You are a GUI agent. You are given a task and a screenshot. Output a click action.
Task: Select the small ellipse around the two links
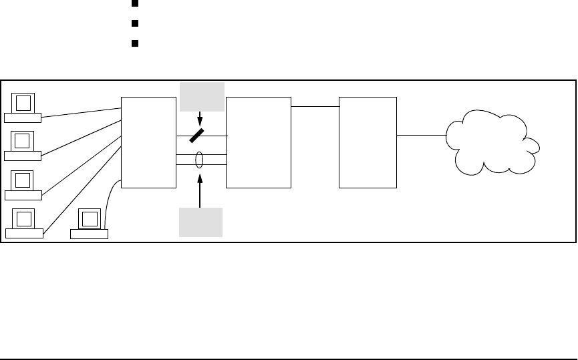pyautogui.click(x=199, y=160)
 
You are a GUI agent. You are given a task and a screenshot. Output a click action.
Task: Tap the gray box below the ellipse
pyautogui.click(x=200, y=222)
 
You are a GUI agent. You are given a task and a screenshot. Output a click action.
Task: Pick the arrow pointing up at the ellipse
pyautogui.click(x=200, y=190)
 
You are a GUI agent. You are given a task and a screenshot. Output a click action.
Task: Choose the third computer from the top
pyautogui.click(x=23, y=184)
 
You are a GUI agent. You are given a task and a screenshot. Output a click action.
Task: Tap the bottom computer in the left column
pyautogui.click(x=23, y=223)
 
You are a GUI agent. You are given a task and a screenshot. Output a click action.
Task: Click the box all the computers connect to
pyautogui.click(x=148, y=142)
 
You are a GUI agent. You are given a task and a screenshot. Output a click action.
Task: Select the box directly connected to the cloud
pyautogui.click(x=368, y=142)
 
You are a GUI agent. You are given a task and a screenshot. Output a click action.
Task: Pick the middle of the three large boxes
pyautogui.click(x=259, y=142)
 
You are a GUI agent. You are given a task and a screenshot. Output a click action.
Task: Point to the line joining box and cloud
pyautogui.click(x=422, y=136)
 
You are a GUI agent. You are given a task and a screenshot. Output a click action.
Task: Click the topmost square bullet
pyautogui.click(x=134, y=2)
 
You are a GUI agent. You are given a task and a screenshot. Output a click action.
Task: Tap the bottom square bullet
pyautogui.click(x=134, y=43)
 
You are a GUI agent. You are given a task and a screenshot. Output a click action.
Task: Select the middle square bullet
pyautogui.click(x=134, y=23)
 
